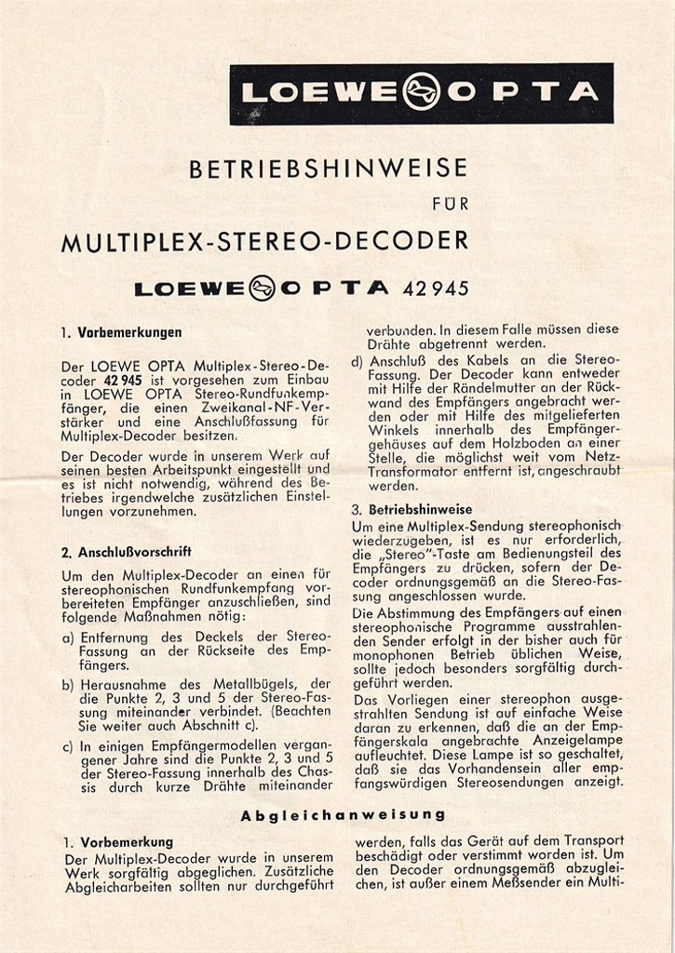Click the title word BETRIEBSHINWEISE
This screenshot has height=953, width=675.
(328, 169)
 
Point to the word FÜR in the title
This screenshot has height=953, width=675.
(452, 204)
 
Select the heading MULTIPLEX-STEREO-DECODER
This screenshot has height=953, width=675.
(264, 242)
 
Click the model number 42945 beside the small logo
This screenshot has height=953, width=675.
(437, 288)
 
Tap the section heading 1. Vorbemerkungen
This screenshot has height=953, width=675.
(121, 331)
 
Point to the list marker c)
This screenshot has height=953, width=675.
(68, 745)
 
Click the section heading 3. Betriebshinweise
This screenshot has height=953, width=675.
(412, 510)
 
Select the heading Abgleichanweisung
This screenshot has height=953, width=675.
(343, 814)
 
